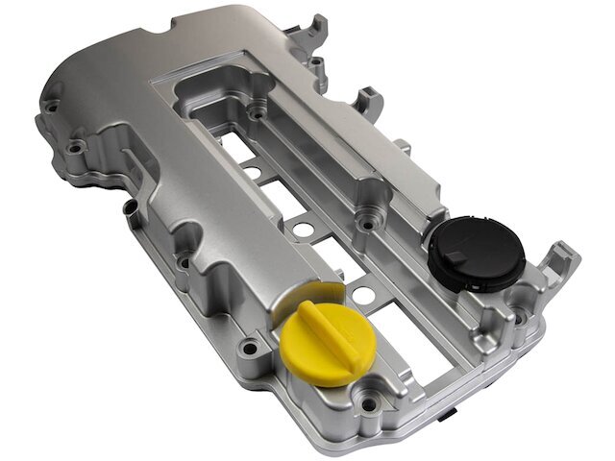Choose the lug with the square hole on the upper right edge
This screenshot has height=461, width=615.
pyautogui.click(x=367, y=100)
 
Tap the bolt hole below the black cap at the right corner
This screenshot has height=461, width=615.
pyautogui.click(x=520, y=316)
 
